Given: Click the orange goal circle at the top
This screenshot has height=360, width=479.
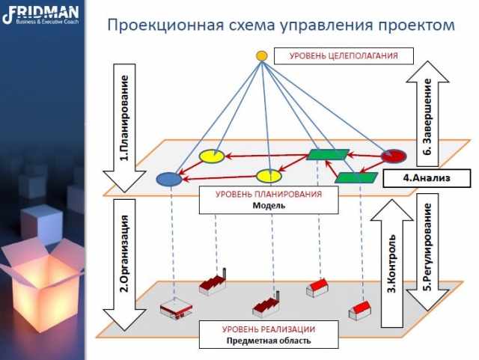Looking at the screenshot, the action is tap(261, 56).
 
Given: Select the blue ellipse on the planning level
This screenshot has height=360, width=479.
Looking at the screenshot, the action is tap(169, 179).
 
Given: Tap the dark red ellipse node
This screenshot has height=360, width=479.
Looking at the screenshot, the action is tap(394, 156).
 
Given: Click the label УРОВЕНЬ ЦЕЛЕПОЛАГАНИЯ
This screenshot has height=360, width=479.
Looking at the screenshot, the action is tap(344, 56).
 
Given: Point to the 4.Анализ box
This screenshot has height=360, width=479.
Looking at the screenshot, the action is tap(427, 178).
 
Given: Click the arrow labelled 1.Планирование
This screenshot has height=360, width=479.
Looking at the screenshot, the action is tap(124, 128).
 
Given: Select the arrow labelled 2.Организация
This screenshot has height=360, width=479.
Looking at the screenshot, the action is tap(124, 265).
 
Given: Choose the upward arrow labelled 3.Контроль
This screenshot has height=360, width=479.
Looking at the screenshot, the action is tap(392, 263).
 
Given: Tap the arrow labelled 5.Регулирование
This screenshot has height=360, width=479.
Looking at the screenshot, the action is tap(427, 252).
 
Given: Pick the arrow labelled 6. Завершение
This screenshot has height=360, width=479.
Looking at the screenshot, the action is tap(427, 113).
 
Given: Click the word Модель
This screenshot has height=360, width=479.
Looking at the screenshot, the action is tap(269, 205).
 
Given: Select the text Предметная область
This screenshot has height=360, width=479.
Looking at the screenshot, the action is tap(269, 341).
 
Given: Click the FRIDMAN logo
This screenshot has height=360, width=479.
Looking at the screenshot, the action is tap(40, 15).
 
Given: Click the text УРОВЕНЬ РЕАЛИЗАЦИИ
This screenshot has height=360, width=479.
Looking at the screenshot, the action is tap(269, 329).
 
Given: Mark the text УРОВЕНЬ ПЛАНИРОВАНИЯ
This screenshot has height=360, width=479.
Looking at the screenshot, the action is tap(269, 194).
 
